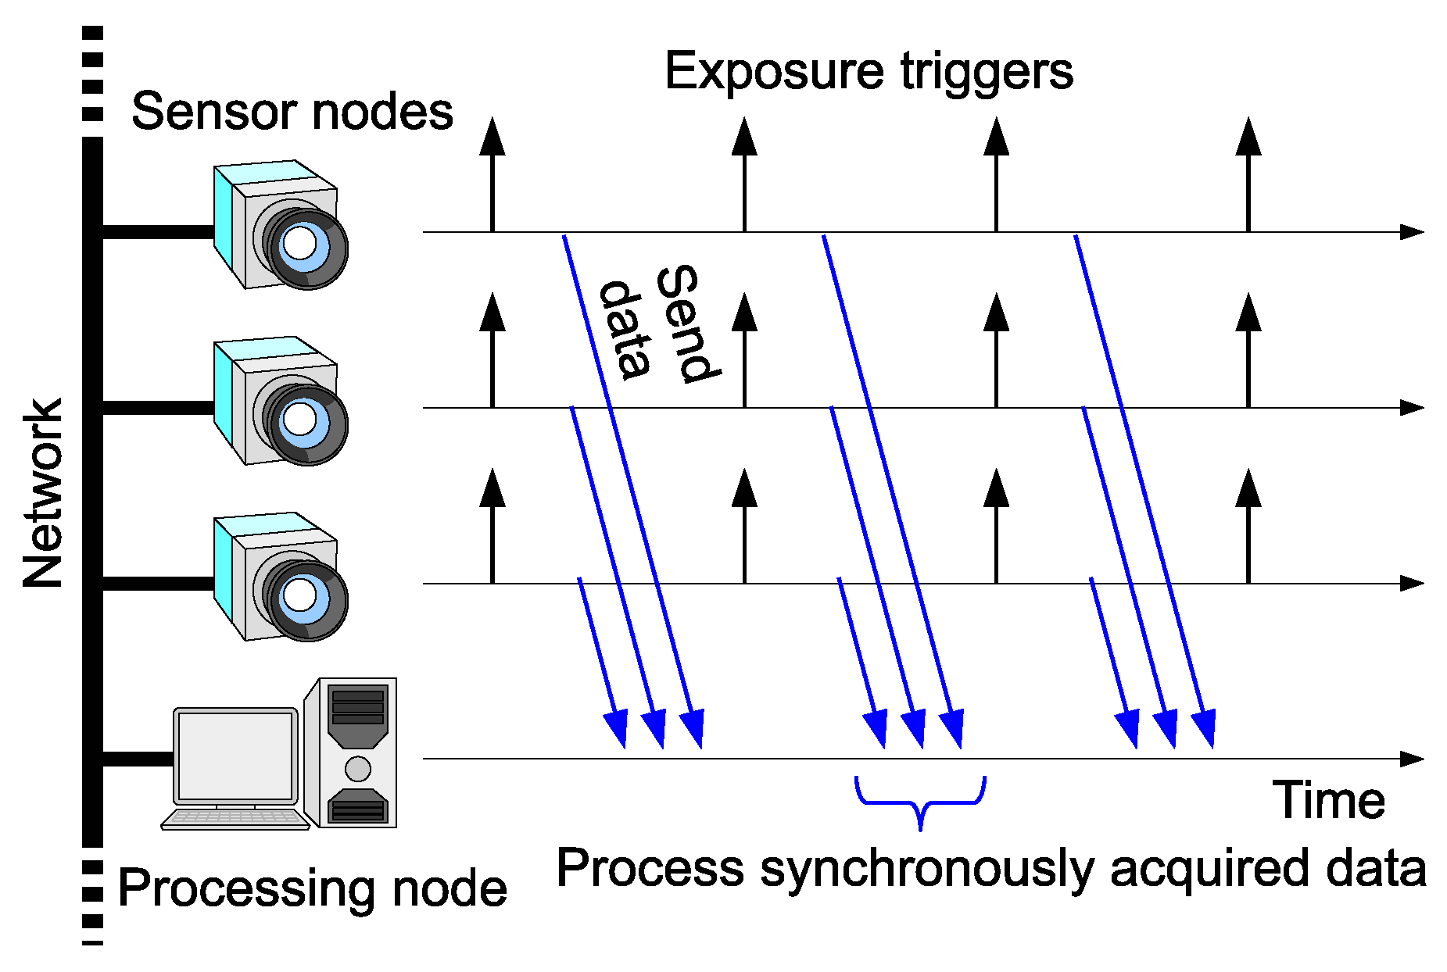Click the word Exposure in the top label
pyautogui.click(x=773, y=72)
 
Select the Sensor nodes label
pyautogui.click(x=292, y=111)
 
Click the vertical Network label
pyautogui.click(x=43, y=493)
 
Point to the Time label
pyautogui.click(x=1328, y=801)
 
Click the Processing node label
pyautogui.click(x=312, y=888)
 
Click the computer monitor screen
pyautogui.click(x=235, y=756)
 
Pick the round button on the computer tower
pyautogui.click(x=357, y=769)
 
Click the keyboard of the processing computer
pyautogui.click(x=235, y=818)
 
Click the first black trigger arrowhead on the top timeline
pyautogui.click(x=492, y=138)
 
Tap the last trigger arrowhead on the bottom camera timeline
pyautogui.click(x=1248, y=489)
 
